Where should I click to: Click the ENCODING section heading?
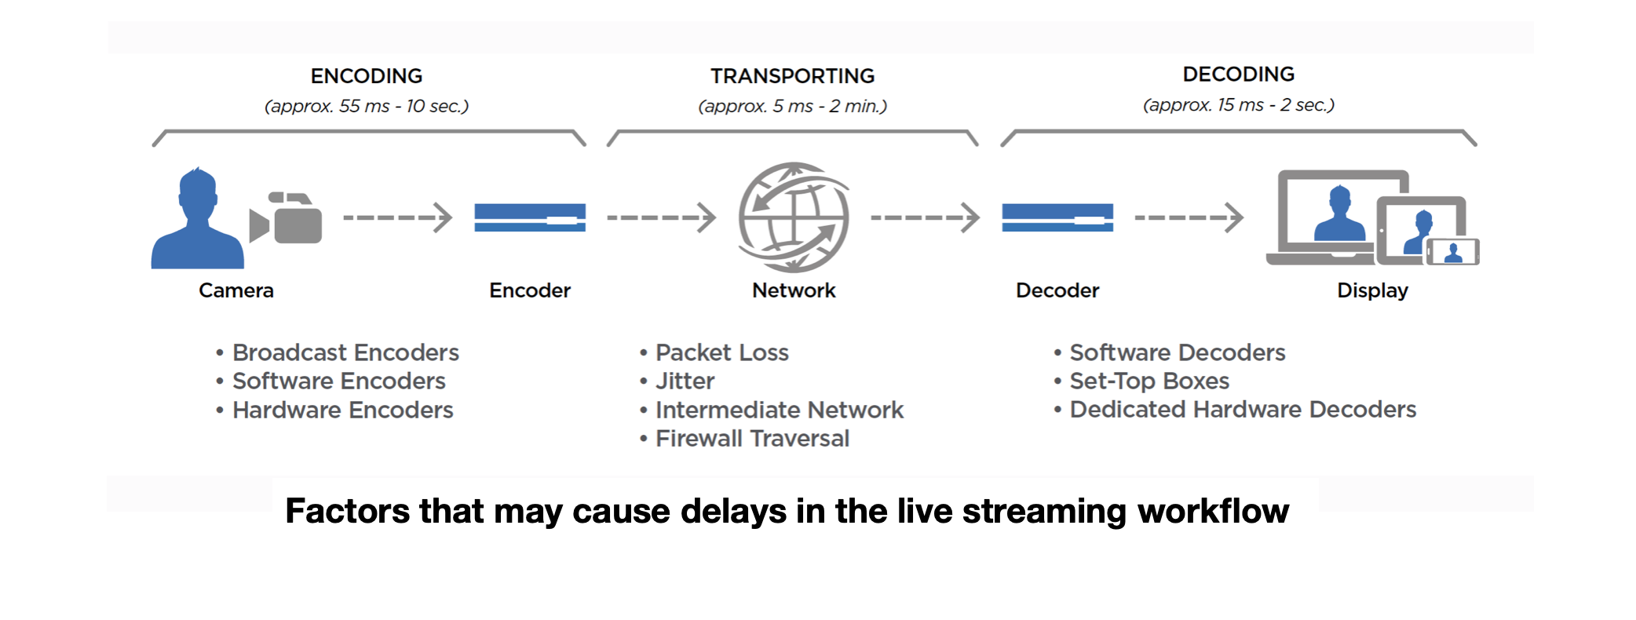point(366,76)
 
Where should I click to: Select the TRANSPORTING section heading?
point(792,76)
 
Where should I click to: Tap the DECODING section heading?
point(1238,75)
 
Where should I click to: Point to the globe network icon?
point(794,217)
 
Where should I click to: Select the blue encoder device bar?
point(530,217)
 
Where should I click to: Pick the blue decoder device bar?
point(1057,217)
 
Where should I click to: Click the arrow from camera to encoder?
point(398,217)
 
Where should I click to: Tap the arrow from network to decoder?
point(926,217)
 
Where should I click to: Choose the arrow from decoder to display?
point(1189,217)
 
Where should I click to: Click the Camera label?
point(236,290)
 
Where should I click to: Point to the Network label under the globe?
point(794,290)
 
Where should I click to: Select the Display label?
point(1372,290)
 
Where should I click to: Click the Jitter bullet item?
point(685,381)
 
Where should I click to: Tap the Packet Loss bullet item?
point(721,352)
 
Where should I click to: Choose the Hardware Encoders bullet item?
point(342,410)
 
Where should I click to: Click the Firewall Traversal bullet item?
point(752,439)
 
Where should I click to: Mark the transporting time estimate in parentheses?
point(792,106)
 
